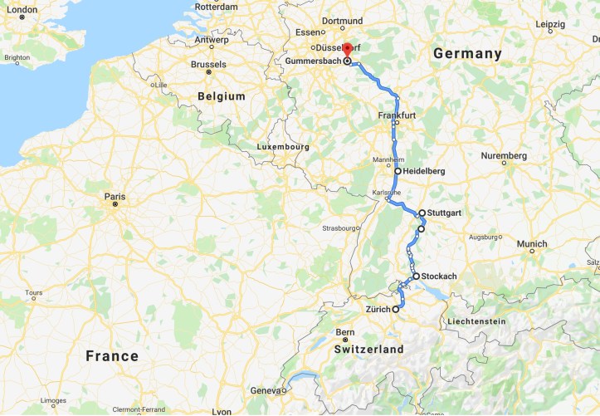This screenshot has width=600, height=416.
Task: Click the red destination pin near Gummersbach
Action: [x=348, y=48]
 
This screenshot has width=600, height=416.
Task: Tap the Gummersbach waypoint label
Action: [x=312, y=61]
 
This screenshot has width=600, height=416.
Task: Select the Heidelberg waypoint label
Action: [x=424, y=171]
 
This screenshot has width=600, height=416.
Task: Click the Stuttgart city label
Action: [x=444, y=213]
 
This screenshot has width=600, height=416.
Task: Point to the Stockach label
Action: [x=439, y=277]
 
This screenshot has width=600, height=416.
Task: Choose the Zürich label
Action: [x=378, y=310]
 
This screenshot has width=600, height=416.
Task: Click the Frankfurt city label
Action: [x=397, y=115]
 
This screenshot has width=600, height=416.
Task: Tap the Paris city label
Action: [x=115, y=197]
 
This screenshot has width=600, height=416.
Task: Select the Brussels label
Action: [x=208, y=64]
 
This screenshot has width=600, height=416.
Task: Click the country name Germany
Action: [x=468, y=54]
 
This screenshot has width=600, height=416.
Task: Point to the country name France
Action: [x=112, y=356]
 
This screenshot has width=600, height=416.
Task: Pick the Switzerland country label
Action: [x=368, y=350]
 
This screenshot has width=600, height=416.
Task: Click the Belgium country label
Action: [x=222, y=96]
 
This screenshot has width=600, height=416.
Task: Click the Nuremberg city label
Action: [x=504, y=156]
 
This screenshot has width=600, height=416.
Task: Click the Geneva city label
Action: [x=266, y=390]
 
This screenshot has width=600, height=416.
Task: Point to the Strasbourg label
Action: [x=340, y=228]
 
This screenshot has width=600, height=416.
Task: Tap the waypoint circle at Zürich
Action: [x=395, y=309]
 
